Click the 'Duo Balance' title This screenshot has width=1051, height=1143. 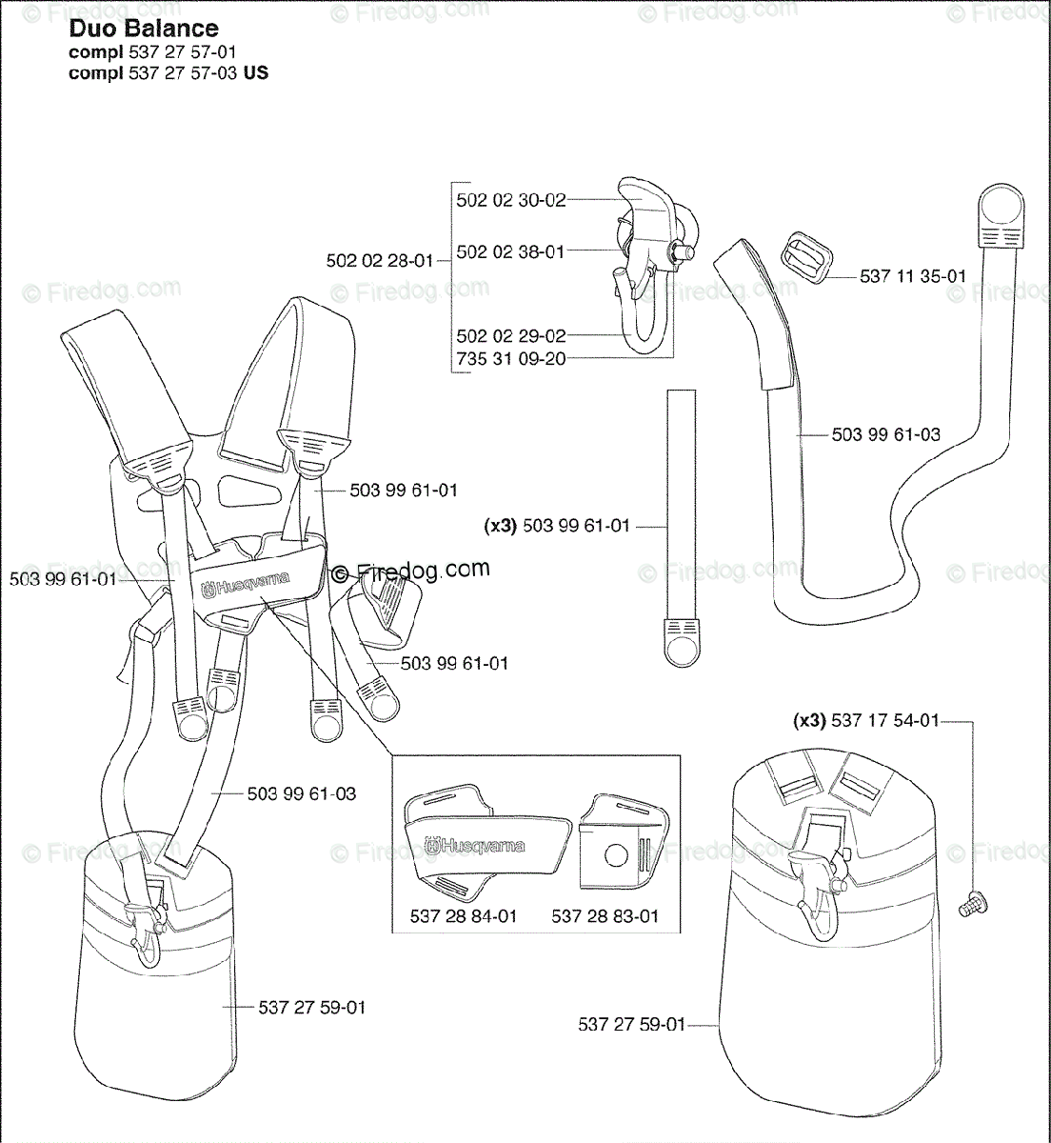click(144, 30)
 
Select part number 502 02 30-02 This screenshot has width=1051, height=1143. click(511, 200)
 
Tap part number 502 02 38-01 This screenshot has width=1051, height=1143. click(510, 252)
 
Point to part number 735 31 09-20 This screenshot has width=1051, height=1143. click(511, 359)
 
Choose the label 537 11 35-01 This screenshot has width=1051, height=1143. click(912, 277)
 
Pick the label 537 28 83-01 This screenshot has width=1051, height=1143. click(605, 916)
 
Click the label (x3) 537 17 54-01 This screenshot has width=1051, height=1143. click(866, 721)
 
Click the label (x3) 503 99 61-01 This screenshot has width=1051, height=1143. click(557, 526)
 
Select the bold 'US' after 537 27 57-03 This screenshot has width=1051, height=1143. click(256, 73)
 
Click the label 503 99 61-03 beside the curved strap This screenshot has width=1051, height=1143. click(885, 434)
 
